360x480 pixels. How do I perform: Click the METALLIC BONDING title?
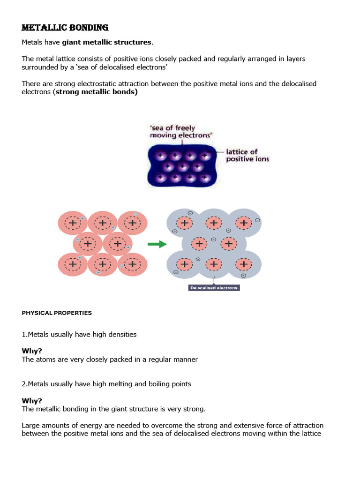65,28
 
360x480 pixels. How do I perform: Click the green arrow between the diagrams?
157,244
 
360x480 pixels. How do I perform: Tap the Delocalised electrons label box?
213,288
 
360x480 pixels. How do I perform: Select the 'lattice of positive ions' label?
248,156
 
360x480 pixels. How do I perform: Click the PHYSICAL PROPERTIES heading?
57,313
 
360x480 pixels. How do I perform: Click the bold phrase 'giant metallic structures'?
107,43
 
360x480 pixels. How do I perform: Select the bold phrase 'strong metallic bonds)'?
97,92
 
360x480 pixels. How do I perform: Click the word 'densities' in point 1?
121,335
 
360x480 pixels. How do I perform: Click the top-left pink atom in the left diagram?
73,223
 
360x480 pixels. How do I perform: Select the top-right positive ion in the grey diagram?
243,223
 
